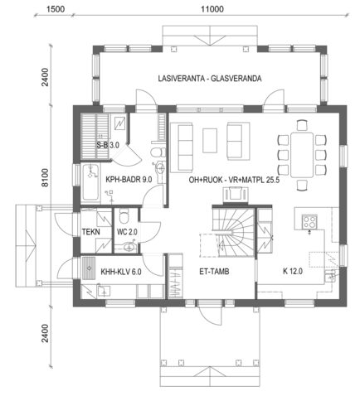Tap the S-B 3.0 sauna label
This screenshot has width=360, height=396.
[108, 145]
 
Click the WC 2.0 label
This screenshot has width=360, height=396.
[127, 233]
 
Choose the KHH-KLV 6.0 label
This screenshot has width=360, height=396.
[121, 269]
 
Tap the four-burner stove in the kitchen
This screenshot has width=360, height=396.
[310, 221]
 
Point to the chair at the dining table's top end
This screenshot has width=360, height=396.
[298, 122]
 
